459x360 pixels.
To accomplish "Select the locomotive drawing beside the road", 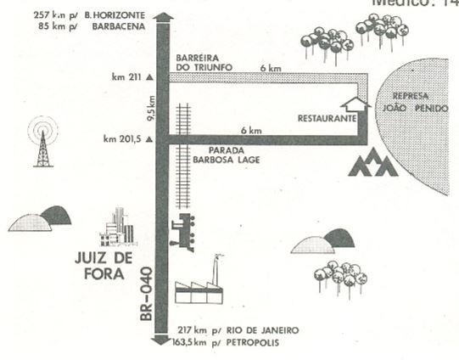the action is [182, 233].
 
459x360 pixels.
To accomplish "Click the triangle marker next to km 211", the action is [149, 77].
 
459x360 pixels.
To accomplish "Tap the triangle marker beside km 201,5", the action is [149, 139].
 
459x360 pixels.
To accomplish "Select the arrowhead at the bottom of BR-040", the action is [160, 340].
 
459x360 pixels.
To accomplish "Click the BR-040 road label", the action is [147, 294].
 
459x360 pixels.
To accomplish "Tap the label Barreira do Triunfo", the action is [204, 62].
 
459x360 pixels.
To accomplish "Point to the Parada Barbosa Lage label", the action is [227, 155].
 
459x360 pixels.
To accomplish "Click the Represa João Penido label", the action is [415, 102].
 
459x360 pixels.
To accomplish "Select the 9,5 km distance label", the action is [152, 109].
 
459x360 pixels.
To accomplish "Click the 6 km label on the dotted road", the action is [271, 69].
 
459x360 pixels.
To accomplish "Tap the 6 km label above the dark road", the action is [251, 131].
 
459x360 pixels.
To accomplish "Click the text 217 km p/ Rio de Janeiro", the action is [238, 330].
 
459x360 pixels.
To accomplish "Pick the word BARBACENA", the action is [119, 26].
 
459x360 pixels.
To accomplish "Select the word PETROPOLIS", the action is [253, 343].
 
